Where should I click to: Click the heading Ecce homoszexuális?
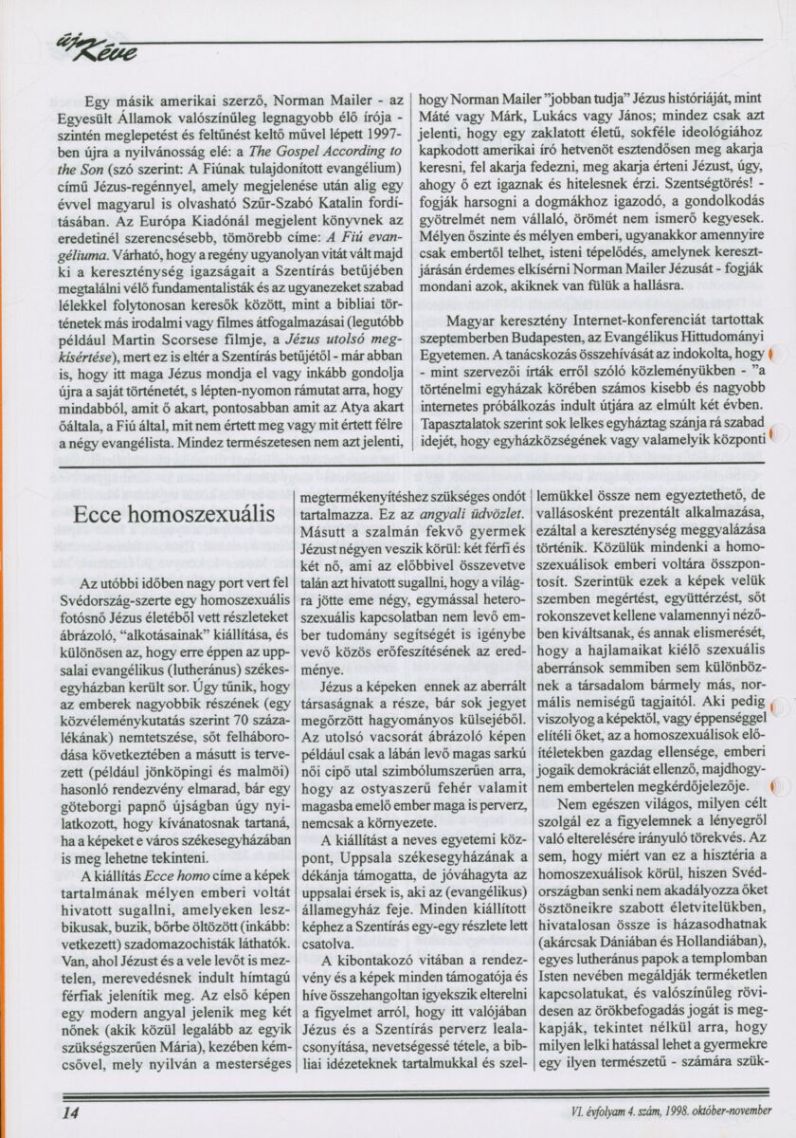[174, 516]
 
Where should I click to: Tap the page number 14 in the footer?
[70, 1111]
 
